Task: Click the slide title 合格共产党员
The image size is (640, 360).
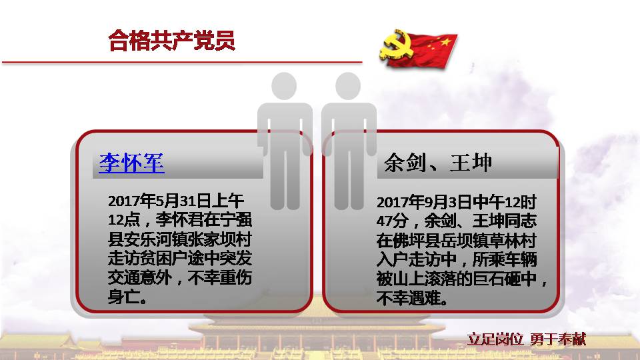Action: (x=172, y=40)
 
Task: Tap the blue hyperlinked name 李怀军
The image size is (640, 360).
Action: (x=131, y=163)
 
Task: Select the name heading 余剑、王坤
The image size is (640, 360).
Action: (x=437, y=163)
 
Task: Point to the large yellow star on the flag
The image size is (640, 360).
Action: (x=446, y=41)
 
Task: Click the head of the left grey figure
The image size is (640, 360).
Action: (x=284, y=86)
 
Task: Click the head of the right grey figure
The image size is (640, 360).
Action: (x=348, y=86)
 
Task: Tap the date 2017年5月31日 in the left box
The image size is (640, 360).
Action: (x=159, y=201)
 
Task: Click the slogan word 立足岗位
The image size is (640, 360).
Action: (x=495, y=339)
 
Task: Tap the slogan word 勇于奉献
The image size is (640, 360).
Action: (x=558, y=339)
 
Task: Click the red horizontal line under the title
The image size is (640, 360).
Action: (x=182, y=63)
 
